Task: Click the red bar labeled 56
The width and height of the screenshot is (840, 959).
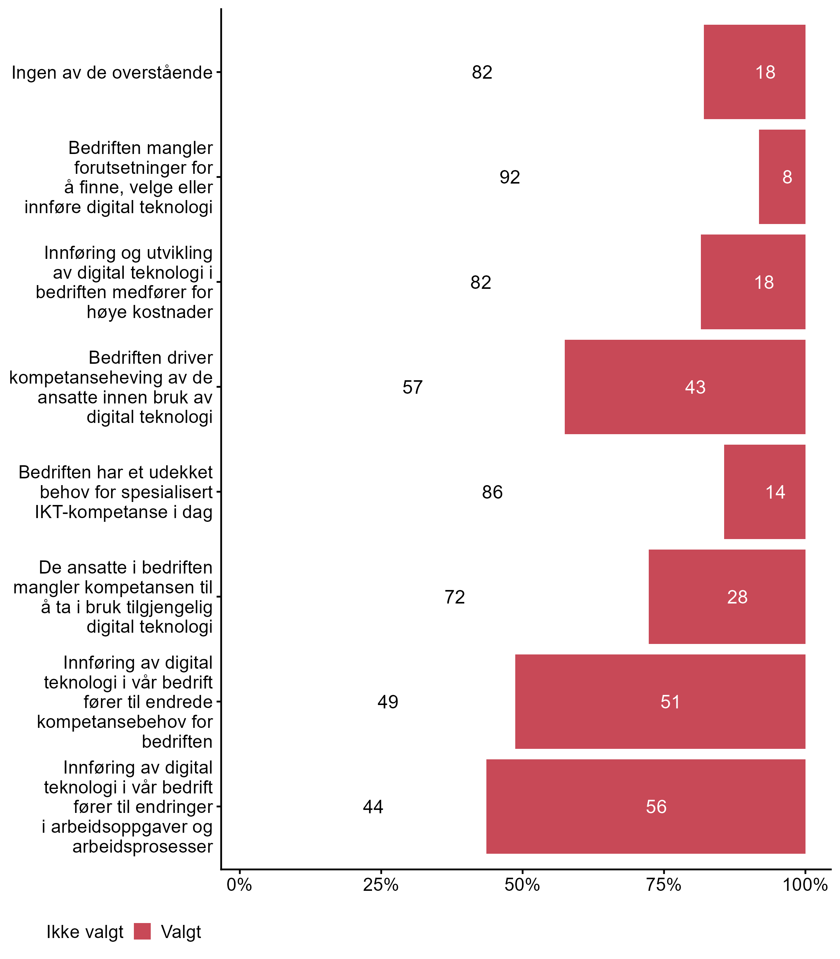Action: coord(645,806)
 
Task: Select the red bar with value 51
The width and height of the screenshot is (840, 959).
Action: coord(660,701)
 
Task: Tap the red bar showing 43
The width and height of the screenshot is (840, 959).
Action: coord(685,387)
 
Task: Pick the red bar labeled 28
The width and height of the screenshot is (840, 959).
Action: coord(727,596)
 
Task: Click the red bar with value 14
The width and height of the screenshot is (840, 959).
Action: coord(765,491)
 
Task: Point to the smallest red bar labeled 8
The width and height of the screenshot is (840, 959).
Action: coord(782,177)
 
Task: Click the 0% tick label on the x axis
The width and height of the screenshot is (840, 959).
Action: coord(240,885)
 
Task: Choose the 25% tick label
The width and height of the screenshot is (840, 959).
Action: coord(381,885)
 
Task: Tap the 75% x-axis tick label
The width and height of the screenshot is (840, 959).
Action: coord(664,885)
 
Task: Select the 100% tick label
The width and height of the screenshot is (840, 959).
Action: coord(805,885)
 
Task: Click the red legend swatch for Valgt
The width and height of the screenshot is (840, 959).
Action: coord(142,931)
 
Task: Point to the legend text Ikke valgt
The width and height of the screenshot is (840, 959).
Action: coord(85,932)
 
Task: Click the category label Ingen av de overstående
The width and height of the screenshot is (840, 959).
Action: coord(112,73)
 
